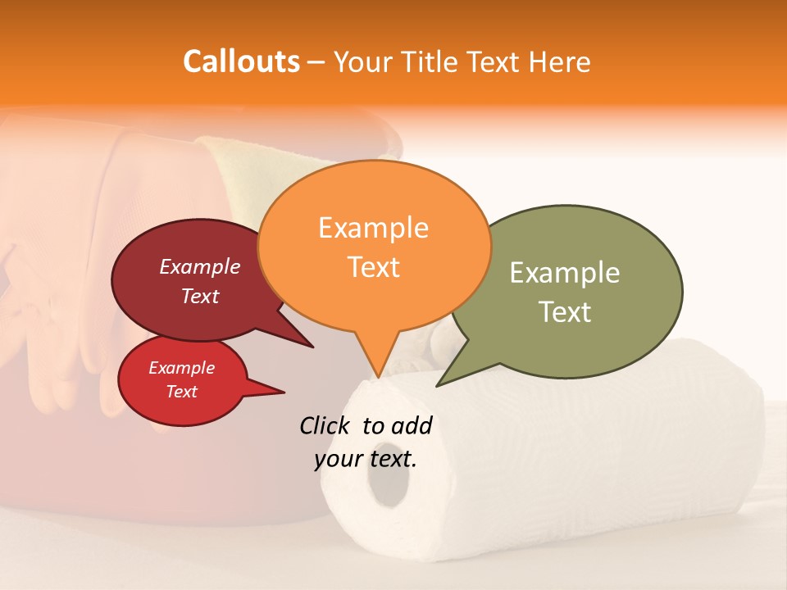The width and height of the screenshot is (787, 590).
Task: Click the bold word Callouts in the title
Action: click(241, 61)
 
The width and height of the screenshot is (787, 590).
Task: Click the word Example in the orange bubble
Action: click(373, 228)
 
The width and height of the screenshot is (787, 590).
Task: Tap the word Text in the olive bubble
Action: click(566, 311)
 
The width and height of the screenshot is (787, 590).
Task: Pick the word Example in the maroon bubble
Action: click(200, 266)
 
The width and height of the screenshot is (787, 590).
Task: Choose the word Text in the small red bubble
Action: click(182, 392)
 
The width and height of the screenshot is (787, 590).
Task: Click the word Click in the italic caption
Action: click(325, 425)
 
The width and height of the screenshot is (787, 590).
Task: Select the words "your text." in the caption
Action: click(366, 459)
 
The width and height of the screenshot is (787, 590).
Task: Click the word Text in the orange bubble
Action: click(374, 267)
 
